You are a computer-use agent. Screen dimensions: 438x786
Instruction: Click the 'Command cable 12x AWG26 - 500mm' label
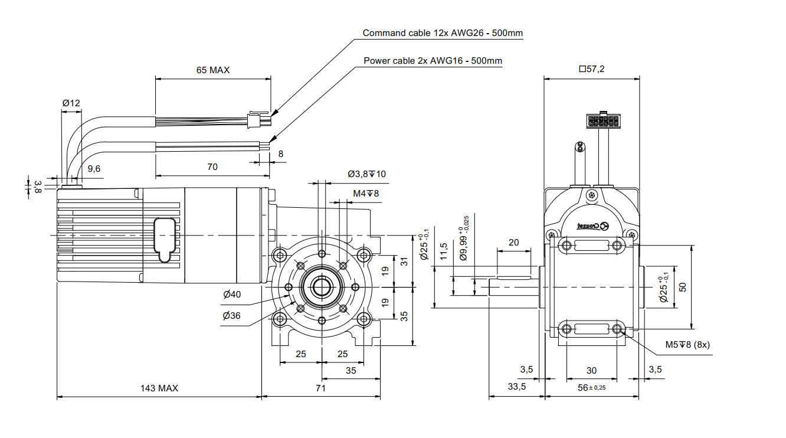pyautogui.click(x=443, y=33)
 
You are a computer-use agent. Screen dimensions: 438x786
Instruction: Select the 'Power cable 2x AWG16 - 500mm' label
pyautogui.click(x=433, y=60)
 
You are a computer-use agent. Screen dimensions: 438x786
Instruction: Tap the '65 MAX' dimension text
pyautogui.click(x=212, y=70)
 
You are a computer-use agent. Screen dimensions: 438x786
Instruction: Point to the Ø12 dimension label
pyautogui.click(x=71, y=103)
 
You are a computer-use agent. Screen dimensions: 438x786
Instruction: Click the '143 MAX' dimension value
pyautogui.click(x=159, y=388)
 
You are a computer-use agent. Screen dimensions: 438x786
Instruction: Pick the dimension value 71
pyautogui.click(x=320, y=388)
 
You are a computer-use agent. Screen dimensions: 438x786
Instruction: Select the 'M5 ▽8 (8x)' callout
pyautogui.click(x=687, y=344)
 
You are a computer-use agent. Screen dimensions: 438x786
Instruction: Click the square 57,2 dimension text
pyautogui.click(x=592, y=69)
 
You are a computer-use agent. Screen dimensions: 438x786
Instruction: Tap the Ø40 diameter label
pyautogui.click(x=232, y=295)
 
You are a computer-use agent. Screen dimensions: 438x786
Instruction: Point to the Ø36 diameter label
pyautogui.click(x=232, y=316)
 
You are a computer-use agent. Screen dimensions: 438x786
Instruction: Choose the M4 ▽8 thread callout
pyautogui.click(x=366, y=193)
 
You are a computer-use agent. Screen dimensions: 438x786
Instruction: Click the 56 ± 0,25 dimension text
pyautogui.click(x=592, y=387)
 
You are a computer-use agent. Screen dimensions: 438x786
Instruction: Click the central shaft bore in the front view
pyautogui.click(x=322, y=287)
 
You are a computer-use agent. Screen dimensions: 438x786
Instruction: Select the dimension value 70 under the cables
pyautogui.click(x=212, y=167)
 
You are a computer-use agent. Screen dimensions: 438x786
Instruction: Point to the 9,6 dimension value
pyautogui.click(x=94, y=168)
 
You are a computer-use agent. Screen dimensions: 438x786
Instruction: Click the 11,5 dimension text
pyautogui.click(x=444, y=253)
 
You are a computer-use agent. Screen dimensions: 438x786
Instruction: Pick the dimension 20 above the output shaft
pyautogui.click(x=513, y=243)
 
